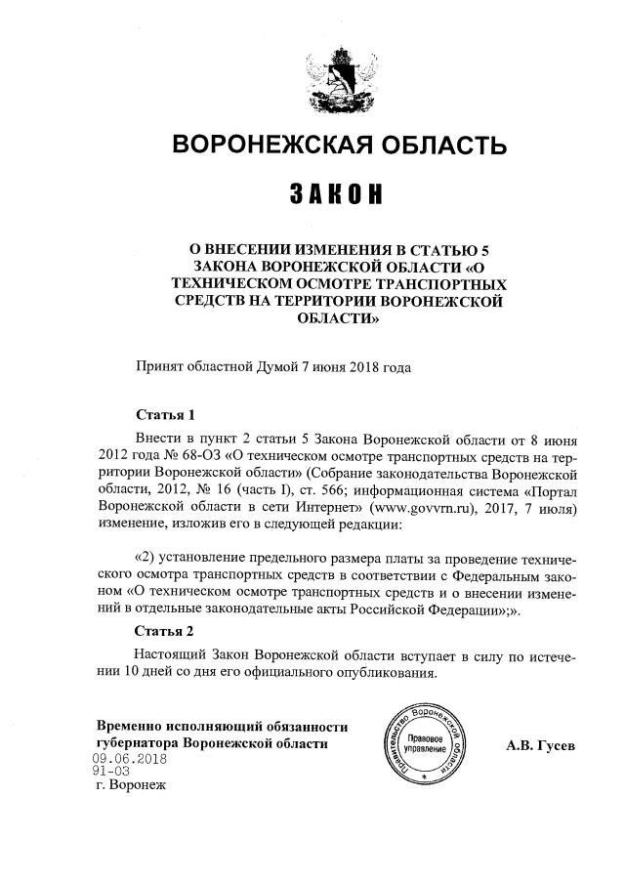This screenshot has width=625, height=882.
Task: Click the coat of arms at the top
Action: [339, 76]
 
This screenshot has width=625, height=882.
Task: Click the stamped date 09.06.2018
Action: [130, 759]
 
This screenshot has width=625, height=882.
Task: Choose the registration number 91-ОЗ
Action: [110, 771]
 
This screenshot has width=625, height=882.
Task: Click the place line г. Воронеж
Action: [126, 785]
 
